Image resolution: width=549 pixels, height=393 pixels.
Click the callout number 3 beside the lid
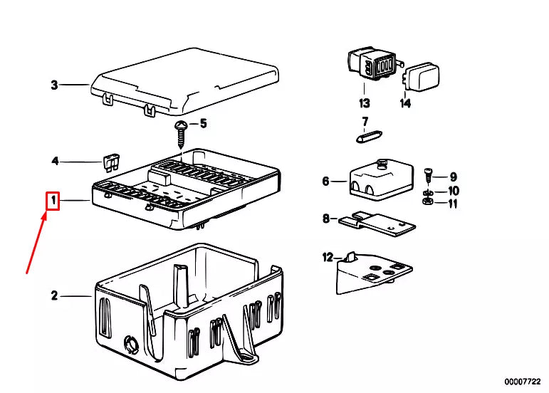[54, 85]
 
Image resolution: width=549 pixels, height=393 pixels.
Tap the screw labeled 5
[181, 134]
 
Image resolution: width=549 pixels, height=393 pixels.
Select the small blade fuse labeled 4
[111, 163]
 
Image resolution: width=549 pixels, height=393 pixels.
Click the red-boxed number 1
[53, 201]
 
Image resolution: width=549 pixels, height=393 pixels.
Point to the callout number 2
[54, 295]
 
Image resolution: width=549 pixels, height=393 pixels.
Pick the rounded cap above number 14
[421, 78]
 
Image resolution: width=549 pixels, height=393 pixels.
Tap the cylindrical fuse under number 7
[369, 137]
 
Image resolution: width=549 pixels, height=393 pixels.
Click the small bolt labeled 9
[428, 176]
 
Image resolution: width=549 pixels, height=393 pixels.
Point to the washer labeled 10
[427, 193]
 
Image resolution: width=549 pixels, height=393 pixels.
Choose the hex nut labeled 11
[427, 201]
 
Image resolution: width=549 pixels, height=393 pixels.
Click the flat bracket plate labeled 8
[377, 224]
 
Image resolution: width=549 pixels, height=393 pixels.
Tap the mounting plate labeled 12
[374, 273]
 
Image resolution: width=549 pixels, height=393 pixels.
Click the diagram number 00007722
[523, 382]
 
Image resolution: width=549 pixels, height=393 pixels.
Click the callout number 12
[328, 258]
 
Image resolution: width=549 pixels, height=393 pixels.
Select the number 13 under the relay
[364, 103]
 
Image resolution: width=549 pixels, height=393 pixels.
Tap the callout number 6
[325, 182]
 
